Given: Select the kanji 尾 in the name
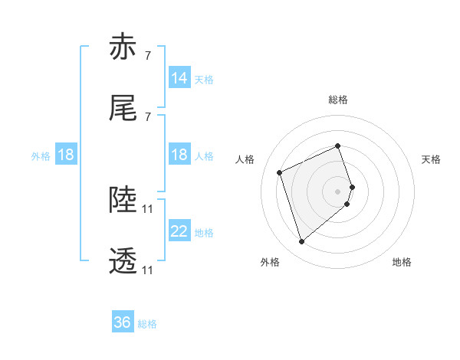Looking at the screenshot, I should tap(123, 109).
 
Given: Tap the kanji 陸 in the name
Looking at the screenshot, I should tap(123, 201).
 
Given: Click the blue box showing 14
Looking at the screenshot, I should tap(179, 78).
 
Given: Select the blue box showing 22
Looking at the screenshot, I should tap(179, 231).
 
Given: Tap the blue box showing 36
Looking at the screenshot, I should tap(123, 322).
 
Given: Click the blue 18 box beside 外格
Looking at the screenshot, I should tap(66, 155).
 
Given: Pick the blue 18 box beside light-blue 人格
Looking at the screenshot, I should tap(179, 155).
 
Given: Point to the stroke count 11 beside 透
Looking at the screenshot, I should tap(148, 270).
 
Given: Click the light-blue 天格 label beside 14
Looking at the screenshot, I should tap(204, 79).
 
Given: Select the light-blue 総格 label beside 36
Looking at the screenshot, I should tap(147, 324).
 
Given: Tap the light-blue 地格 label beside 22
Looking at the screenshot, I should tap(204, 232).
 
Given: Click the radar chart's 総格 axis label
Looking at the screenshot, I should tap(338, 100).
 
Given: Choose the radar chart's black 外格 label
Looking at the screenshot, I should tap(270, 262).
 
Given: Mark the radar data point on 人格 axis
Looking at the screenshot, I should tap(281, 172).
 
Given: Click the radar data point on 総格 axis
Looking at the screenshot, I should tap(338, 146).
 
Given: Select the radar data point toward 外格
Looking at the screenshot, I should tap(302, 242).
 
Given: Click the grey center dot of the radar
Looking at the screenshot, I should tap(338, 190).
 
